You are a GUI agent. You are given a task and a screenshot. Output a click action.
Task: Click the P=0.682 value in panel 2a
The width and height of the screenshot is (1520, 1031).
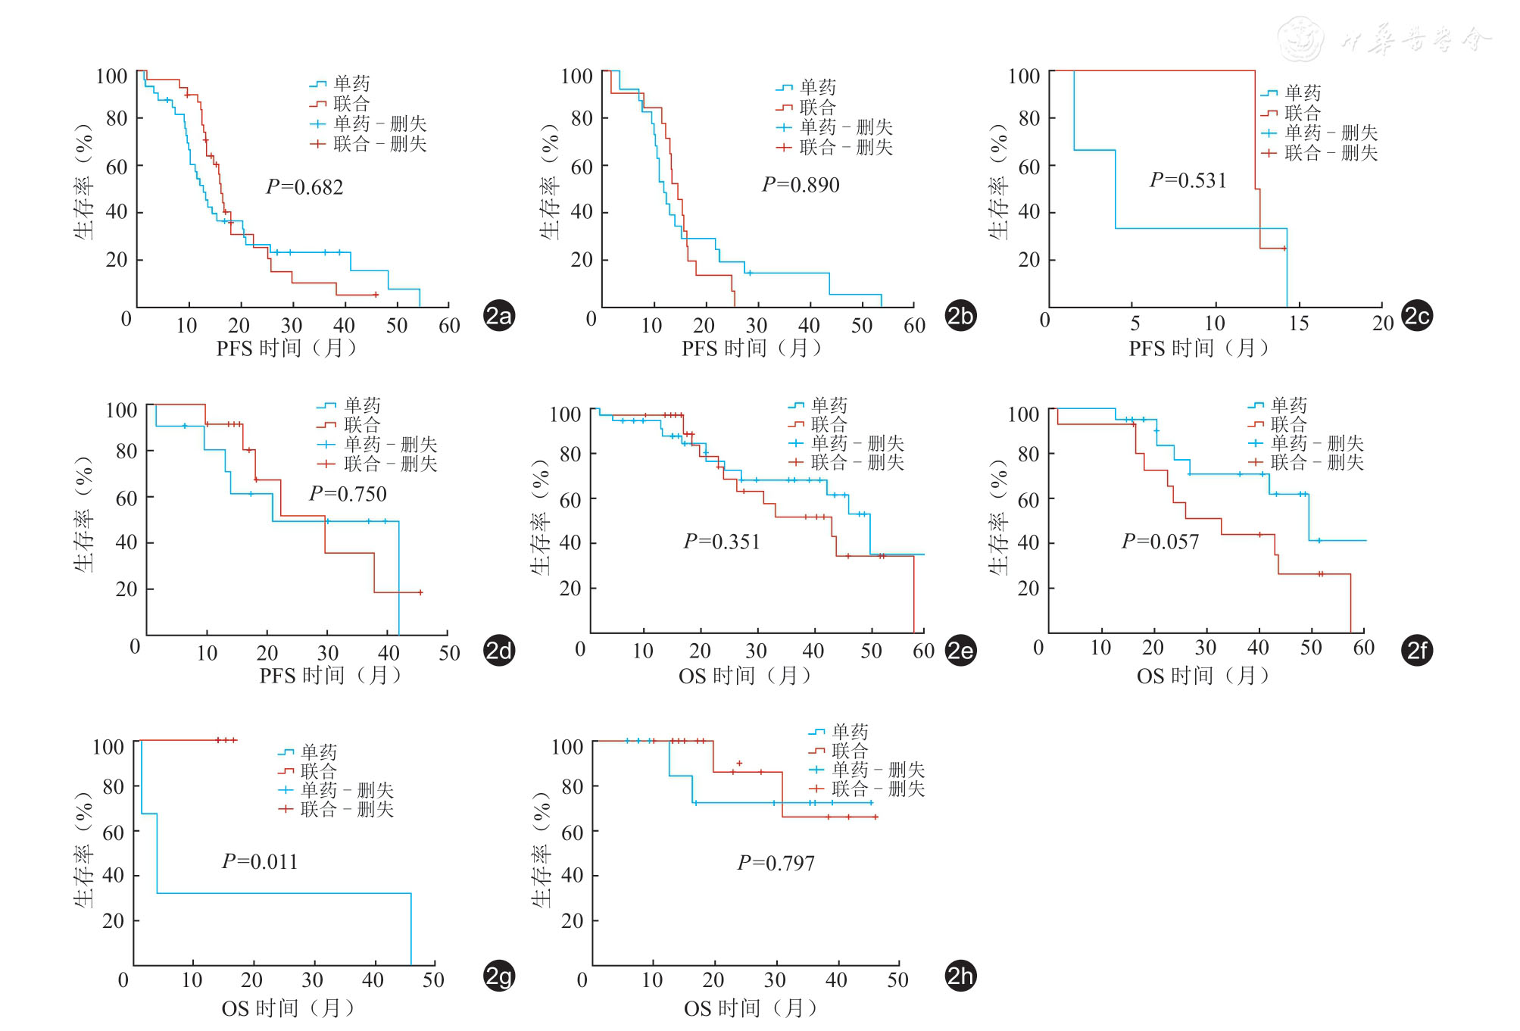pyautogui.click(x=304, y=187)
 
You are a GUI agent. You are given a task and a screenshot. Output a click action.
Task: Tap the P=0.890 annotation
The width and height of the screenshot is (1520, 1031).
pyautogui.click(x=801, y=185)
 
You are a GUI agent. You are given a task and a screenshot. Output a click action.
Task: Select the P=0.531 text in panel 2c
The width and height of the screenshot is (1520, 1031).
pyautogui.click(x=1188, y=180)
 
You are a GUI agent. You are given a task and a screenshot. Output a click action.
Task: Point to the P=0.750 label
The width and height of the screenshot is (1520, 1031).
pyautogui.click(x=348, y=494)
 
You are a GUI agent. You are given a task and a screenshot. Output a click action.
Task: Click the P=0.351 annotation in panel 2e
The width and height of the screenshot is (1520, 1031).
pyautogui.click(x=721, y=542)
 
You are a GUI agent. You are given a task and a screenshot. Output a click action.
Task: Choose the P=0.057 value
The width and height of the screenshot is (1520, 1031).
pyautogui.click(x=1160, y=542)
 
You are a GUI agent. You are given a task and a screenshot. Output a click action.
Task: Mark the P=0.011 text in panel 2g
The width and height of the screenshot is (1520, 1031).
pyautogui.click(x=260, y=862)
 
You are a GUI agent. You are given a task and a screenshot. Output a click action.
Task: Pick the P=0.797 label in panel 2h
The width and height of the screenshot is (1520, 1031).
pyautogui.click(x=776, y=864)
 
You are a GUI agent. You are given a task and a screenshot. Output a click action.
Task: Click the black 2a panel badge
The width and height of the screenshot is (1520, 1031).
pyautogui.click(x=499, y=316)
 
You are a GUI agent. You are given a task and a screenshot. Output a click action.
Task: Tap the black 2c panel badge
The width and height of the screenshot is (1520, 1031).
pyautogui.click(x=1417, y=316)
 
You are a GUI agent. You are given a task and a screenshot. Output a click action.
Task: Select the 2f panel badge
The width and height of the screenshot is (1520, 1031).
pyautogui.click(x=1417, y=651)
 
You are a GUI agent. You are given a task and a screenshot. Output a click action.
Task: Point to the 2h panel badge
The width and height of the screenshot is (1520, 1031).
pyautogui.click(x=961, y=976)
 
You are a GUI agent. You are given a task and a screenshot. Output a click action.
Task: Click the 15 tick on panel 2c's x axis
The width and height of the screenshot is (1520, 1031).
pyautogui.click(x=1298, y=323)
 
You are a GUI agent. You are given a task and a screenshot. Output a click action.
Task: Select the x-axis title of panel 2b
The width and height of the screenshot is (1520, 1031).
pyautogui.click(x=751, y=348)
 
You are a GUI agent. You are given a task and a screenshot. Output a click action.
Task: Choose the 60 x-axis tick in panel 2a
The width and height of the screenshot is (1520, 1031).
pyautogui.click(x=449, y=326)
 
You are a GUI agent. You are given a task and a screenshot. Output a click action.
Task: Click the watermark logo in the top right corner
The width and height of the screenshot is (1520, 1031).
pyautogui.click(x=1301, y=39)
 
